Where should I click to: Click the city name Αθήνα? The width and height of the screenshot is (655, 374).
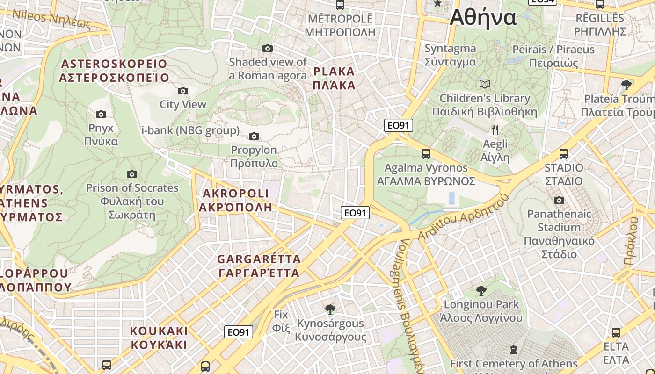[483, 19]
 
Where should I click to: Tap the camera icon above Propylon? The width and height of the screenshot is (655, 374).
[254, 136]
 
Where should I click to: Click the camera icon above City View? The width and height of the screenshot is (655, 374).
[183, 91]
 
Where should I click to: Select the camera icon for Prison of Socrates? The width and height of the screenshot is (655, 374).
[132, 174]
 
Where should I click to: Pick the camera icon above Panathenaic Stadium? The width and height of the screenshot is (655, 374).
[559, 200]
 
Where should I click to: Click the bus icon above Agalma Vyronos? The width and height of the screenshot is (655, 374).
[426, 153]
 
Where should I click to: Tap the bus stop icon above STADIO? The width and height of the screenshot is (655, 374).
[564, 153]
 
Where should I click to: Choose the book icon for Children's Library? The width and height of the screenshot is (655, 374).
[485, 84]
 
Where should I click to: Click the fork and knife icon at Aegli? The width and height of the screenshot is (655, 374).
[495, 129]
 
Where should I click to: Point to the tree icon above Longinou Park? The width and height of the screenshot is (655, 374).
[481, 291]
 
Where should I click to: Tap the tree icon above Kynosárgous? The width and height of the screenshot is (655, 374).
[330, 309]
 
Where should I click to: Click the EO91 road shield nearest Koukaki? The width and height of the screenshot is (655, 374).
[239, 332]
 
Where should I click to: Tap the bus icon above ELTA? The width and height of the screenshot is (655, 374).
[616, 333]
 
